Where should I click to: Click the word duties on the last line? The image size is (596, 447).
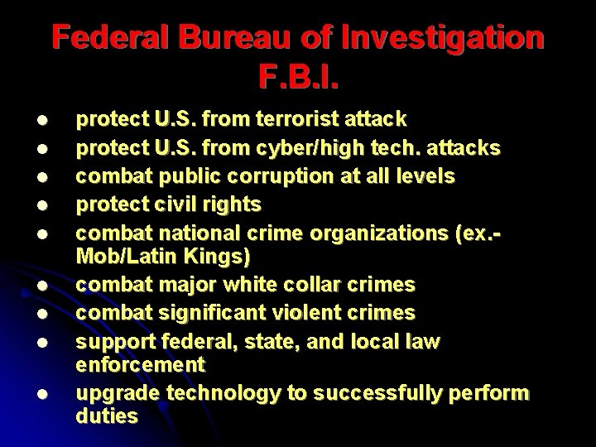point(107,416)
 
